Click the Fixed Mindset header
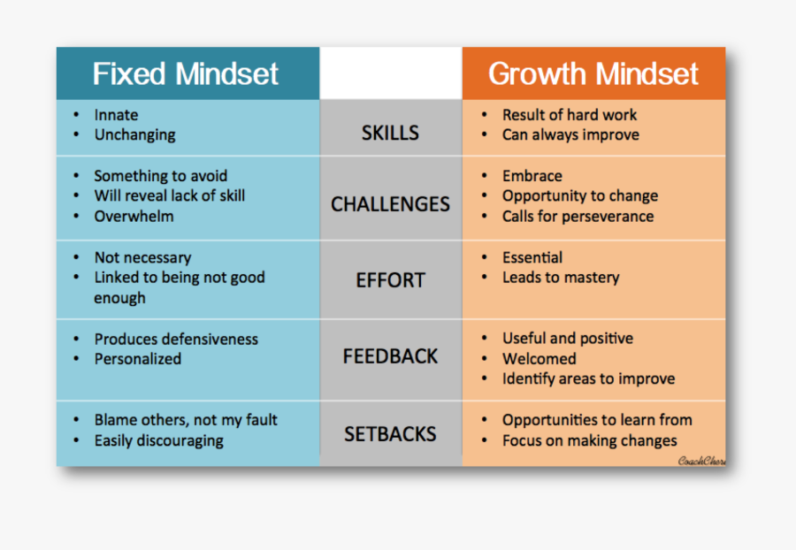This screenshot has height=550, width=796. click(x=186, y=73)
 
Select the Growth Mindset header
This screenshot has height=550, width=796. click(x=593, y=73)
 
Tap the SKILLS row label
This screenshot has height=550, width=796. click(x=390, y=134)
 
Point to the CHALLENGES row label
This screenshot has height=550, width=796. click(x=390, y=204)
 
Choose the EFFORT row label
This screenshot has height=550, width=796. click(x=390, y=280)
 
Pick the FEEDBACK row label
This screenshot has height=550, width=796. click(x=390, y=356)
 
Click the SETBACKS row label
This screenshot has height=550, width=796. click(x=390, y=434)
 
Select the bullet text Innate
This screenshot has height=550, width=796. click(x=116, y=115)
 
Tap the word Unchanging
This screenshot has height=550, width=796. click(x=134, y=135)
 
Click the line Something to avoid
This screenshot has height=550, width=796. click(x=160, y=176)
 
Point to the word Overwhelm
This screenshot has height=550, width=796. click(x=134, y=217)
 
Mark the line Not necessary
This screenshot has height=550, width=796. click(x=142, y=257)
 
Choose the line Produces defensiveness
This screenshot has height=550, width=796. click(x=176, y=339)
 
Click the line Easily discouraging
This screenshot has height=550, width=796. click(x=158, y=440)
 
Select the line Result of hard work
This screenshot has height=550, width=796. click(x=569, y=115)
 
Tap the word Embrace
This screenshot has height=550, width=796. click(x=532, y=176)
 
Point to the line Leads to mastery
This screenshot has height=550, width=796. click(x=561, y=278)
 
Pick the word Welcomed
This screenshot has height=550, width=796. click(x=539, y=359)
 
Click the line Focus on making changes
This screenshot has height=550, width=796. click(x=589, y=440)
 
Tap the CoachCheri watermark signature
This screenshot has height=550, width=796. click(x=701, y=460)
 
